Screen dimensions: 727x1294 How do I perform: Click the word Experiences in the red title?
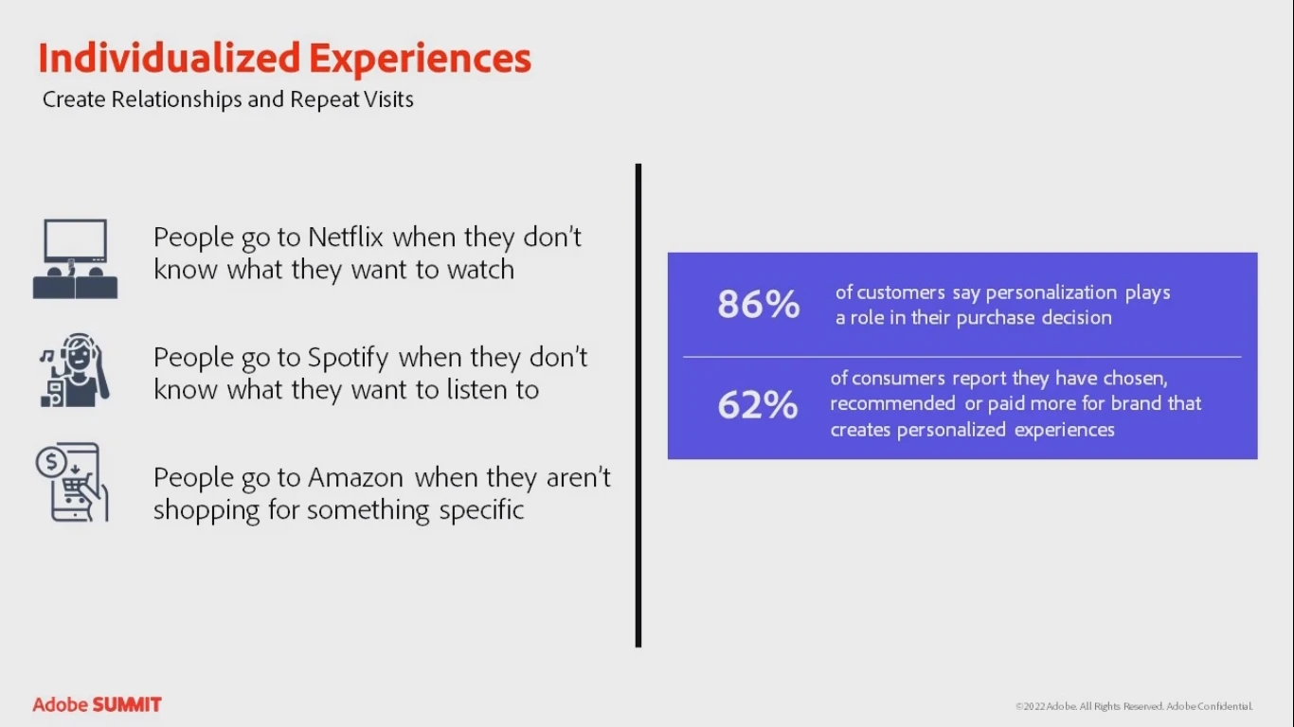coord(420,59)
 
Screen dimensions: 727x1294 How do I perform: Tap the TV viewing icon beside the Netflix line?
coord(75,258)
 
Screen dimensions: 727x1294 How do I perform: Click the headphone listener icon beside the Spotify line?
coord(75,370)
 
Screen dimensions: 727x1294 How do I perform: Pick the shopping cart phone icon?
coord(73,483)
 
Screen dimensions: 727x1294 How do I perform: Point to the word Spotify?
coord(348,358)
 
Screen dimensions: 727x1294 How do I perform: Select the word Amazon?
coord(356,478)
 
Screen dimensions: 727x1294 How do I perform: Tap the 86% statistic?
coord(759,305)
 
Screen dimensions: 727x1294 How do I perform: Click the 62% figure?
coord(758,405)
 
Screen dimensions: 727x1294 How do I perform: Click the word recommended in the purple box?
coord(892,403)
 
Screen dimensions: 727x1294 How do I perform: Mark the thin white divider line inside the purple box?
coord(962,357)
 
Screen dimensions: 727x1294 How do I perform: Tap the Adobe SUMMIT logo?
coord(97,704)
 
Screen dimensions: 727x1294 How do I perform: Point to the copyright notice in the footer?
coord(1134,706)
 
